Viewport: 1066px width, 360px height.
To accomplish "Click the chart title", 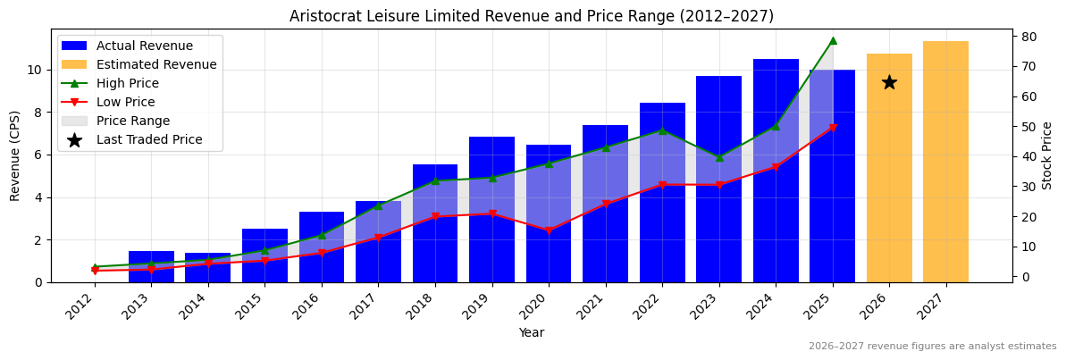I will tap(532, 16).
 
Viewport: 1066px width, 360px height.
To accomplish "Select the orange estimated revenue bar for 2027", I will tap(945, 162).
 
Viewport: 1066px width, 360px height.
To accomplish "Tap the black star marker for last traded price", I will tap(889, 82).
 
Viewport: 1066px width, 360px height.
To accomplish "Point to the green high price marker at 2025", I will tap(833, 40).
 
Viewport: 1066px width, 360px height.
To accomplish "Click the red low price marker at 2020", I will tap(549, 230).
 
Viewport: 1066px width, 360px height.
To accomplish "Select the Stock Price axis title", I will tap(1048, 155).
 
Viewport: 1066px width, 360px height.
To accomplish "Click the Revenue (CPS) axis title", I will tap(15, 155).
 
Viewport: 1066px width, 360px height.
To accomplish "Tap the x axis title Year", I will tap(532, 332).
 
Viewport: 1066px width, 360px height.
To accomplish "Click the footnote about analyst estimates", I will tap(932, 347).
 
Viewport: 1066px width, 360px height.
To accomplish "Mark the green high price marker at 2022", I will tap(662, 130).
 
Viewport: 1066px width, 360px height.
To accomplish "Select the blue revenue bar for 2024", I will tap(776, 170).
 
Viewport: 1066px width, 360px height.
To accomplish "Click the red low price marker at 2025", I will tap(833, 128).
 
